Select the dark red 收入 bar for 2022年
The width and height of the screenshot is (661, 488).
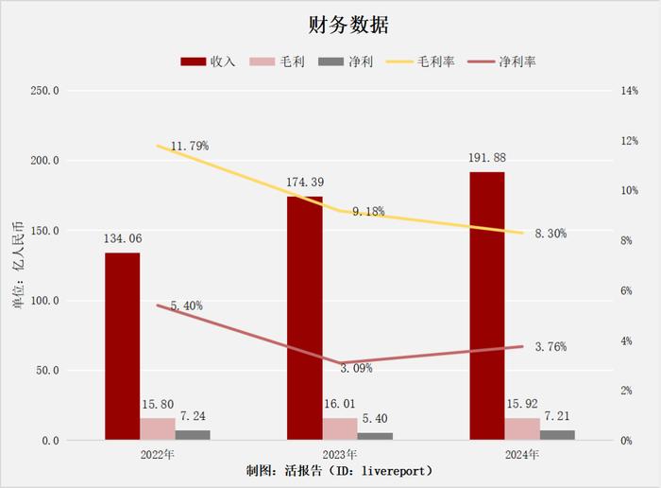122,345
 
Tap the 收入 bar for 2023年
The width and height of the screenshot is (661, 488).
304,318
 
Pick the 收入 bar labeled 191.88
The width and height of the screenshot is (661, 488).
486,305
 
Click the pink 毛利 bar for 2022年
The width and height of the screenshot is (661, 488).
158,429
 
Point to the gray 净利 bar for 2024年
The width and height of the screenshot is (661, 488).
557,435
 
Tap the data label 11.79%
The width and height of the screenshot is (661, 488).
190,147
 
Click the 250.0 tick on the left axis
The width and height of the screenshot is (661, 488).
44,91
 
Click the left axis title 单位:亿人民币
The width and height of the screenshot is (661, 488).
17,266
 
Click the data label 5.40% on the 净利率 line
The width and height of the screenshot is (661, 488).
186,306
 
